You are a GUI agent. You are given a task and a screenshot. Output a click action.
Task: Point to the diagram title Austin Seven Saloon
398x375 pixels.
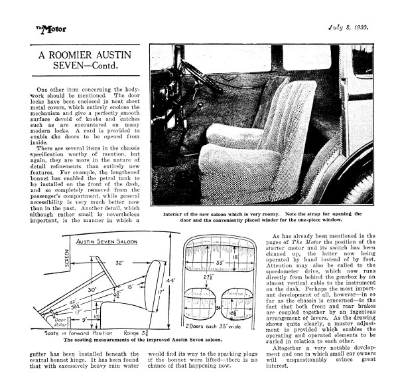tap(108, 241)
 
